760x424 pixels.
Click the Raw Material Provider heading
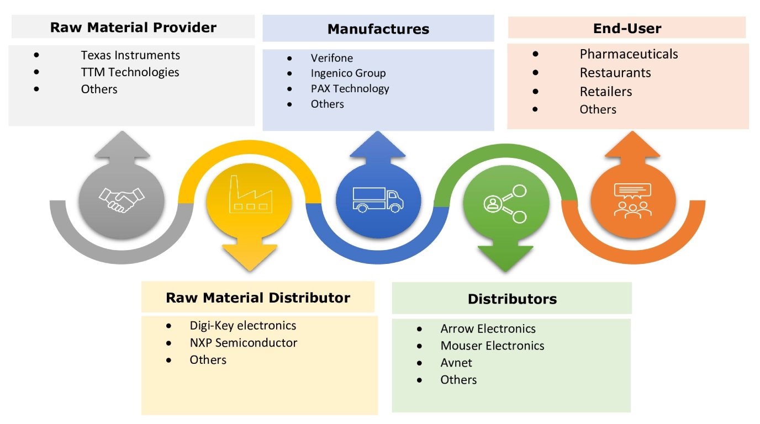click(x=133, y=27)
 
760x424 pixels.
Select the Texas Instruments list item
click(x=130, y=55)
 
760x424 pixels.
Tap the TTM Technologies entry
click(x=130, y=72)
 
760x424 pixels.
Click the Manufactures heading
click(x=378, y=29)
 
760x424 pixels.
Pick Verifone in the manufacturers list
click(x=331, y=58)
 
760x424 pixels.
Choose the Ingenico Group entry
click(x=348, y=73)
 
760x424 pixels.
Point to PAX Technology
click(x=350, y=88)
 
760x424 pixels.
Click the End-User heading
click(x=627, y=28)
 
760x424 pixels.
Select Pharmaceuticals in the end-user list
click(x=629, y=54)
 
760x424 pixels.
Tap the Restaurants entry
click(x=615, y=73)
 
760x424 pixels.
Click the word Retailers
click(x=606, y=92)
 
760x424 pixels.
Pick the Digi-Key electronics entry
click(x=243, y=325)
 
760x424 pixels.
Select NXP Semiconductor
click(x=244, y=343)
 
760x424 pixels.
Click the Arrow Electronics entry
click(x=488, y=328)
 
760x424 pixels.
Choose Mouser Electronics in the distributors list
click(x=492, y=346)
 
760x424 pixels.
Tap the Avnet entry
click(x=456, y=363)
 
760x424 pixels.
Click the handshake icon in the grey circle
click(x=122, y=199)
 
